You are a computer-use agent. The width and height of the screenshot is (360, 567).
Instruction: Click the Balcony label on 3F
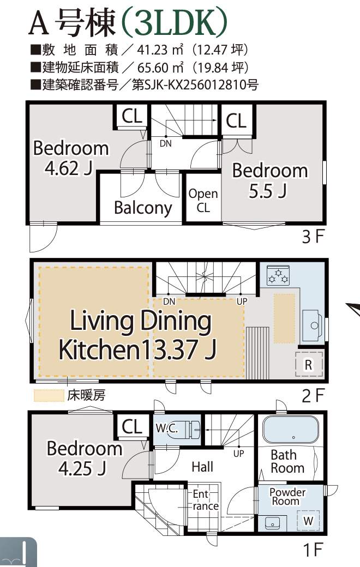[142, 208]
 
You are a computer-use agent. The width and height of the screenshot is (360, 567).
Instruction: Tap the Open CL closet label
[203, 200]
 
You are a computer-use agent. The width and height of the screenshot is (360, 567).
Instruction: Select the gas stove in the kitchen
[278, 275]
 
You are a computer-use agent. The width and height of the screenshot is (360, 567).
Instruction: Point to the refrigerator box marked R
[308, 365]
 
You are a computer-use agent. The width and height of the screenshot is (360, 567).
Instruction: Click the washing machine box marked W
[308, 521]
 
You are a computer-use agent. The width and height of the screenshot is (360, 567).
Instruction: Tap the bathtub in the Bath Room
[291, 430]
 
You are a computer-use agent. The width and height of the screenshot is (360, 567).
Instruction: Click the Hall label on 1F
[202, 467]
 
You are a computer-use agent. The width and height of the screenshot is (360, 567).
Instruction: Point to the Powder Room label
[287, 497]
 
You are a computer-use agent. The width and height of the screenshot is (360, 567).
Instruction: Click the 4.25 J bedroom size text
[82, 469]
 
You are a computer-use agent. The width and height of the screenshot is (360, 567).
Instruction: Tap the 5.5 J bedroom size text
[268, 191]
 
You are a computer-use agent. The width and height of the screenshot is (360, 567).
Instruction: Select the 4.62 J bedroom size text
[69, 168]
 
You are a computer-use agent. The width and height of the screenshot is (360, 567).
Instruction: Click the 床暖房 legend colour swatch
[49, 395]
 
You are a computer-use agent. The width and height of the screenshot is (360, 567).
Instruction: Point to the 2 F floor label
[313, 395]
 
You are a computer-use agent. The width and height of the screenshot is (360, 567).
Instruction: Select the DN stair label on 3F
[166, 143]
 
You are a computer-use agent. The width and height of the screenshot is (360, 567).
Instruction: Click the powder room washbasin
[272, 523]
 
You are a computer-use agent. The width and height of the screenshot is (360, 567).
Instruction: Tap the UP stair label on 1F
[239, 454]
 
